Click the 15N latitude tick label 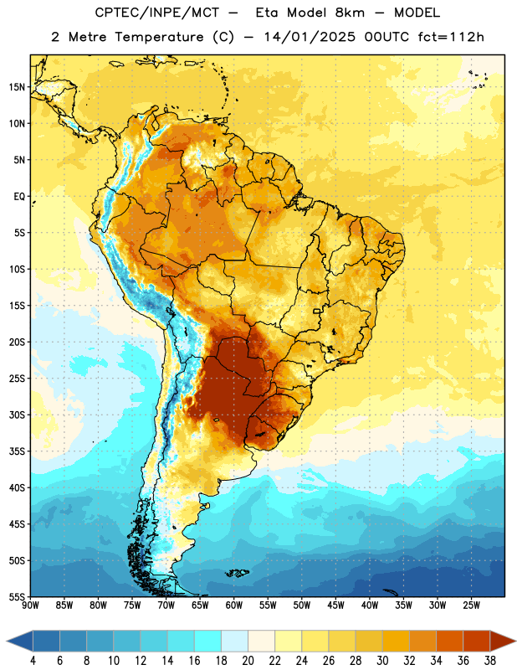click(x=17, y=87)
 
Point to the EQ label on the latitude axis click(x=19, y=197)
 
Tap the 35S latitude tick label click(x=17, y=451)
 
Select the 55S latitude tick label click(x=17, y=597)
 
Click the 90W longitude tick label click(x=30, y=606)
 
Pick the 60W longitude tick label click(x=234, y=606)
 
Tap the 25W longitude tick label click(x=471, y=606)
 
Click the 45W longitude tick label click(x=335, y=606)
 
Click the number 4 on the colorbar click(x=33, y=661)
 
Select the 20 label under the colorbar click(x=248, y=661)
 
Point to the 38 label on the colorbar click(x=490, y=661)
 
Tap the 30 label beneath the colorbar click(x=382, y=661)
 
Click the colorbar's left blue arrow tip click(x=7, y=642)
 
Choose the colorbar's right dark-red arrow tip click(x=515, y=642)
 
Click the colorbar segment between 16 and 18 click(x=207, y=642)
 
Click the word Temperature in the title click(x=159, y=37)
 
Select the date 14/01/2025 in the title click(x=309, y=37)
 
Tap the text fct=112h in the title click(x=451, y=37)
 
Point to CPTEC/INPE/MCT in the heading click(x=156, y=13)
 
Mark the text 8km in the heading click(x=350, y=13)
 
